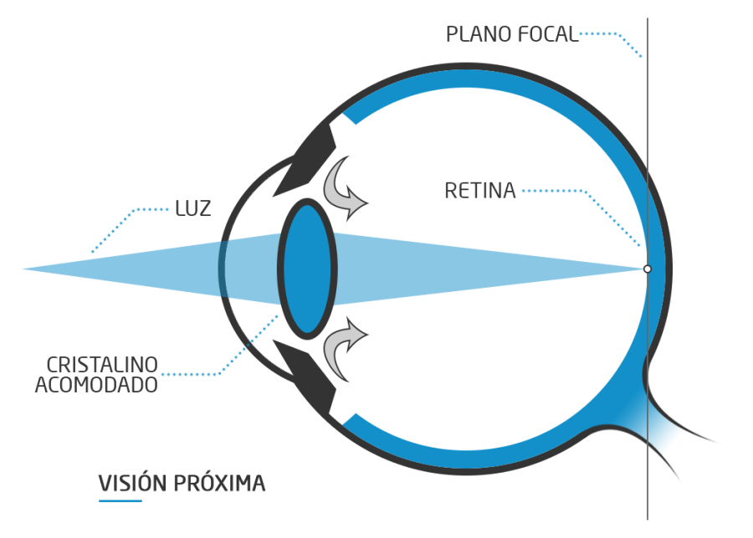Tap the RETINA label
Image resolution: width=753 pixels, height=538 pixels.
pos(479,191)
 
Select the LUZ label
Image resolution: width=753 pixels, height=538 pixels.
pos(192,208)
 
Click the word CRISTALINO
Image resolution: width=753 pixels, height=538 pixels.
pos(103,366)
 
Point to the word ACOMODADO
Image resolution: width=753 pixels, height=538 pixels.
pos(96,386)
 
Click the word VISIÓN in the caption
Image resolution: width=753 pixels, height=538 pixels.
pos(134,484)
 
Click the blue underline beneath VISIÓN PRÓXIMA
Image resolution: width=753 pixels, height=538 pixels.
pos(120,501)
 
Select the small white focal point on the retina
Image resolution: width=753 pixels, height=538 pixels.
pos(647,269)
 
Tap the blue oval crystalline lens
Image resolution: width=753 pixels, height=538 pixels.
pos(306,268)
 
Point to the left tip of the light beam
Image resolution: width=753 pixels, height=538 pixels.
pos(25,269)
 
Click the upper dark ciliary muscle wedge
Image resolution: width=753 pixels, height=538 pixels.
pos(305,163)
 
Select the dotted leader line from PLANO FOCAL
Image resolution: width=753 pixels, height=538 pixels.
pos(615,37)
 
